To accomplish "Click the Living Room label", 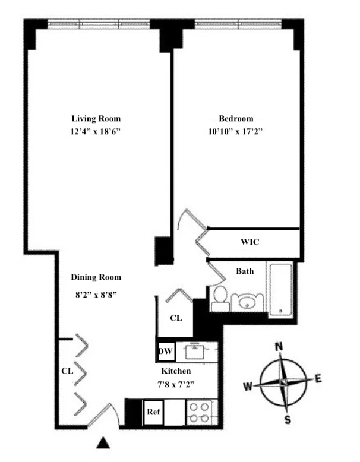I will (96, 118).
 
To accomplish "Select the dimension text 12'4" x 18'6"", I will (96, 132).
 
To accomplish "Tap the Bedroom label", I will (236, 118).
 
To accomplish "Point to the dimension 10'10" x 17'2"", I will (236, 132).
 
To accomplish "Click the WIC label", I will (250, 242).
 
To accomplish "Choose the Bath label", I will (245, 271).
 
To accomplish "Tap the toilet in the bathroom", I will (219, 299).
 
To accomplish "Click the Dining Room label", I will (96, 277).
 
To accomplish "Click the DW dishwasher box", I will (165, 352).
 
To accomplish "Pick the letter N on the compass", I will (279, 346).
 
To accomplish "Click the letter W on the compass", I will (247, 387).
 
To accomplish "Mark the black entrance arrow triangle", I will (104, 442).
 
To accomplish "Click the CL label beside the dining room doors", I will (67, 371).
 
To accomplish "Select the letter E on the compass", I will (318, 378).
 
